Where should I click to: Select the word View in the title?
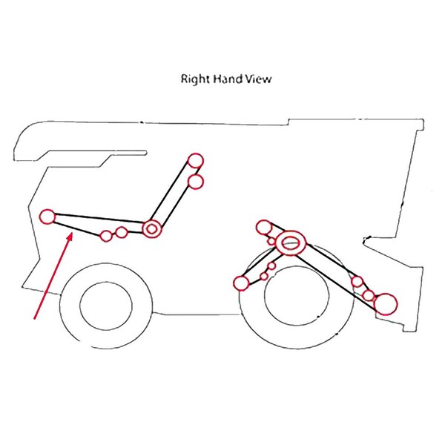point(258,79)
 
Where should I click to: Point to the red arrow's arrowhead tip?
point(72,232)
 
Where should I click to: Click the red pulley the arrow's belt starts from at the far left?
point(47,217)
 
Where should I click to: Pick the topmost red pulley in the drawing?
point(196,161)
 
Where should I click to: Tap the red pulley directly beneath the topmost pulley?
point(196,182)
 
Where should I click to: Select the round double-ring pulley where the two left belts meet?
point(152,228)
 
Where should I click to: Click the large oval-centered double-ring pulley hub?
point(291,243)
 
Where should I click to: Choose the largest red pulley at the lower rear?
point(386,304)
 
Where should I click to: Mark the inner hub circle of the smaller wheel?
point(106,306)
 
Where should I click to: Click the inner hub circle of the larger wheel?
point(297,295)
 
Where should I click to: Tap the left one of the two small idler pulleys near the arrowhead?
point(106,236)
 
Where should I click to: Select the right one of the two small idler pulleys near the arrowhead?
point(122,232)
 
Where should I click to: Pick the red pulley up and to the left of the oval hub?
point(264,228)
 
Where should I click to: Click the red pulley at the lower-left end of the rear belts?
point(242,283)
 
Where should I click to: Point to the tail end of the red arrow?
point(35,318)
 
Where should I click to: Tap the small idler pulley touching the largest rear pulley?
point(369,295)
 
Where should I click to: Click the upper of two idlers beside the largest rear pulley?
point(357,282)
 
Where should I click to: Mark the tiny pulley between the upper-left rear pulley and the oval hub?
point(272,241)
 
